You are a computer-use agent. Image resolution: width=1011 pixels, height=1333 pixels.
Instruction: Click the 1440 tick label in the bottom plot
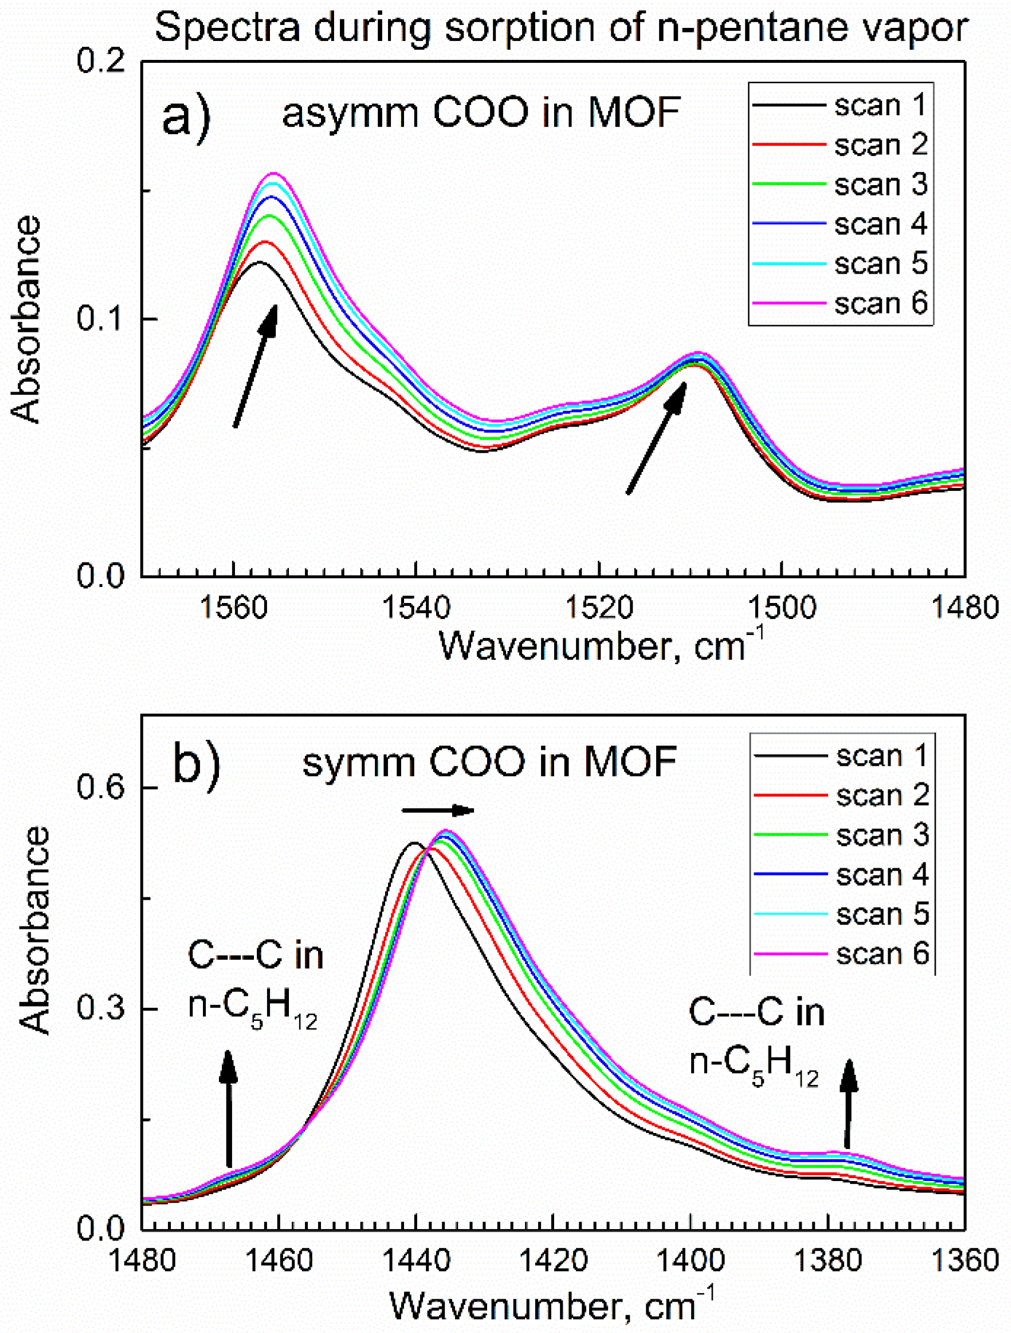coord(416,1260)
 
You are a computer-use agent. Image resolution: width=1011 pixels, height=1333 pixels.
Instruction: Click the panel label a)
coord(186,116)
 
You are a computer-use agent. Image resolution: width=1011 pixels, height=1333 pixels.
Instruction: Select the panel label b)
coord(196,761)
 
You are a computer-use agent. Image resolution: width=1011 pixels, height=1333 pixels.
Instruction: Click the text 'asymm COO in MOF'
coord(481,113)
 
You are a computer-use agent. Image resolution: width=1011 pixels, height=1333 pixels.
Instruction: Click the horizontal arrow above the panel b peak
coord(438,811)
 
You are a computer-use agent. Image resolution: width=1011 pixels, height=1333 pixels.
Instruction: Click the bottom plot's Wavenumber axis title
coord(551,1306)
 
